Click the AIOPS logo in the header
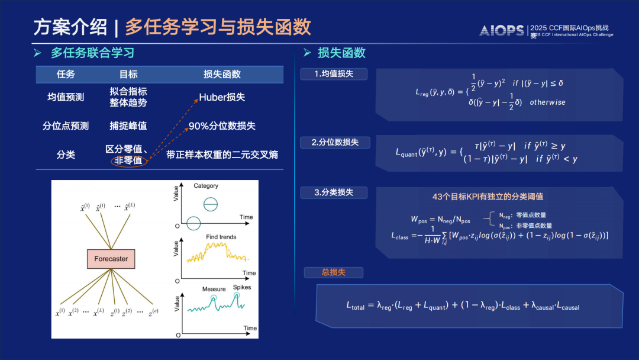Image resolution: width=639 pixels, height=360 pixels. [x=502, y=31]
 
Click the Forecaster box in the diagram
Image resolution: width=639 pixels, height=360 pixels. [x=111, y=259]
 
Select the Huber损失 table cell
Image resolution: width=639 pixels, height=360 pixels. [x=222, y=97]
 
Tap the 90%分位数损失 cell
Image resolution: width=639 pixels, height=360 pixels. [x=222, y=126]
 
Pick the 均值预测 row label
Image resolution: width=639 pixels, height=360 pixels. [x=66, y=97]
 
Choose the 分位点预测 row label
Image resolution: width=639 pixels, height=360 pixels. [x=66, y=126]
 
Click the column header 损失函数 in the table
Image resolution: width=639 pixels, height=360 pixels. [x=222, y=75]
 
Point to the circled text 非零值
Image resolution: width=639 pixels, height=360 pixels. [x=128, y=161]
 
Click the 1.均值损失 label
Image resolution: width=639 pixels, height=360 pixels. [x=334, y=74]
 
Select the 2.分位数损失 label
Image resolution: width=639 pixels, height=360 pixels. [x=335, y=143]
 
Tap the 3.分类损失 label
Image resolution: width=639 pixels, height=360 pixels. [x=334, y=192]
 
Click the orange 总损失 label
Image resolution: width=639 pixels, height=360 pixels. [x=333, y=272]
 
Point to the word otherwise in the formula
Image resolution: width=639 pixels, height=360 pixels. [x=547, y=102]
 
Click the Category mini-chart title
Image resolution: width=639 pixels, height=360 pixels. [x=206, y=186]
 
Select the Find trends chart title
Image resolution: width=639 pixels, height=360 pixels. [x=221, y=237]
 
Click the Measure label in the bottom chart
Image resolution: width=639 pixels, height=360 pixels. [x=214, y=289]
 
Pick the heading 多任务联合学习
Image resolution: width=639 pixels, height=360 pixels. [x=92, y=53]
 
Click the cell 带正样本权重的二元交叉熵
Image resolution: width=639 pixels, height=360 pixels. [x=222, y=155]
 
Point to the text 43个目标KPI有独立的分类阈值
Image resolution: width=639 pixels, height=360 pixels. [x=488, y=197]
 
